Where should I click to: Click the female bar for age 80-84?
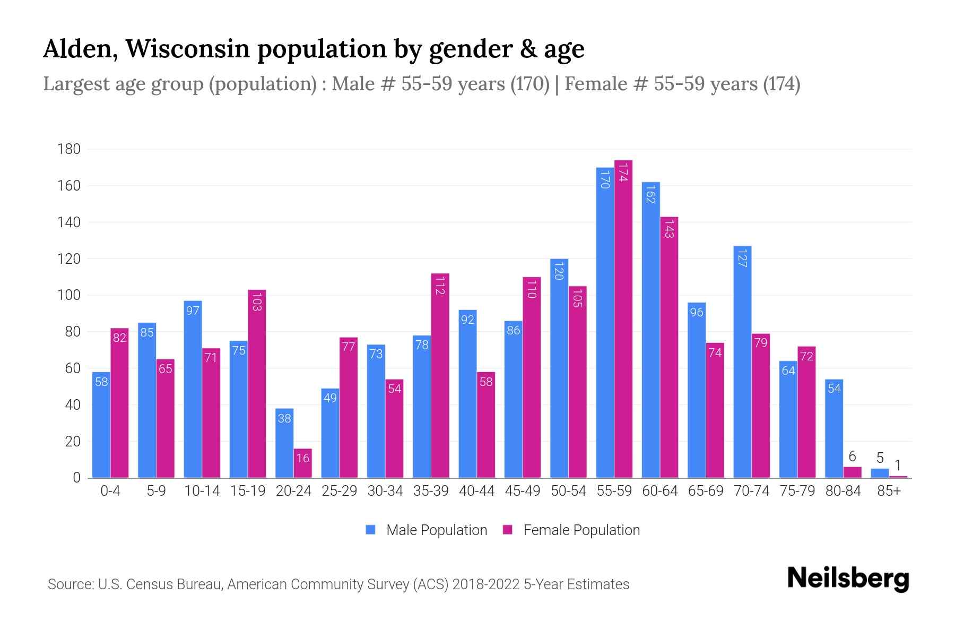(852, 472)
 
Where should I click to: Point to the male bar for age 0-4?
(101, 425)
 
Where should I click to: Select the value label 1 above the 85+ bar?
(898, 466)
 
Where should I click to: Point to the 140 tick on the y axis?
(69, 222)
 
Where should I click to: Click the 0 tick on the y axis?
(76, 478)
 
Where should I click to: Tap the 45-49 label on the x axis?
(522, 491)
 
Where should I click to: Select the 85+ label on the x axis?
(889, 491)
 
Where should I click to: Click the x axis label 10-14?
(202, 491)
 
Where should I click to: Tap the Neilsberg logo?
(848, 579)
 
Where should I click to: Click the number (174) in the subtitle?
(781, 84)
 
